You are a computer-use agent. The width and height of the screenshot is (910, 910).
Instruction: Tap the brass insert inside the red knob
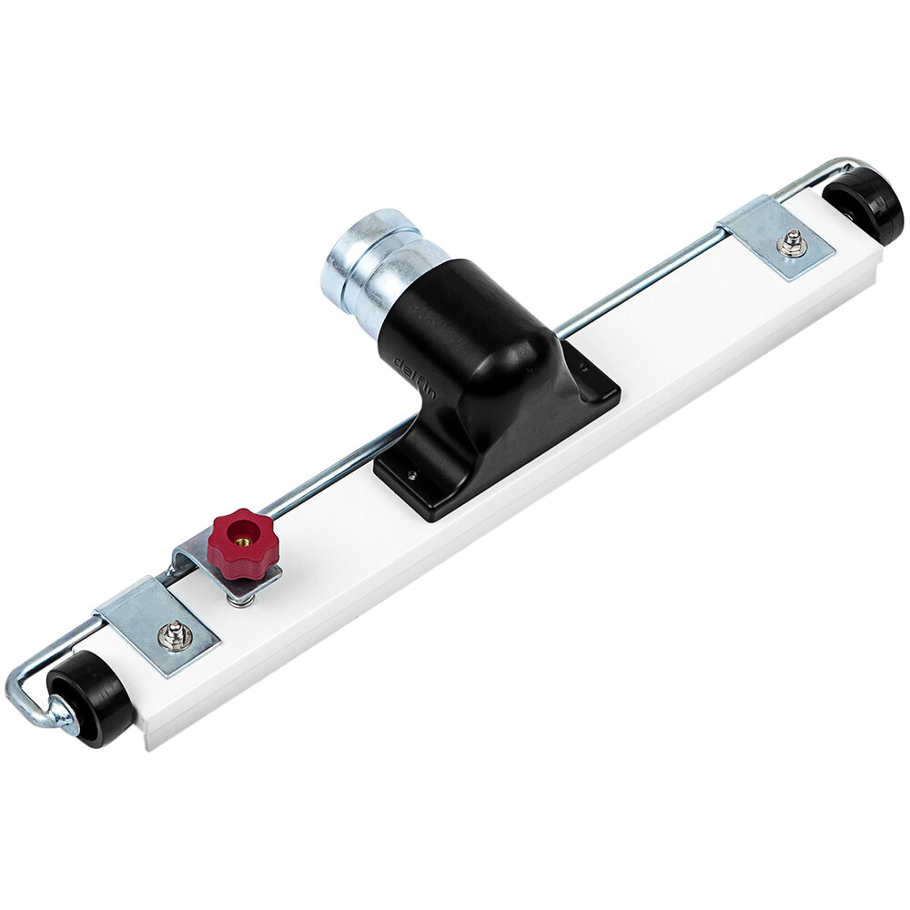tap(244, 536)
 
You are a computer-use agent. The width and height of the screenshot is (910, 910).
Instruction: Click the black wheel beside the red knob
tap(91, 698)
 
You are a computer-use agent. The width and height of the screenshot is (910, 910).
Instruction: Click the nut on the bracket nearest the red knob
tap(173, 635)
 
